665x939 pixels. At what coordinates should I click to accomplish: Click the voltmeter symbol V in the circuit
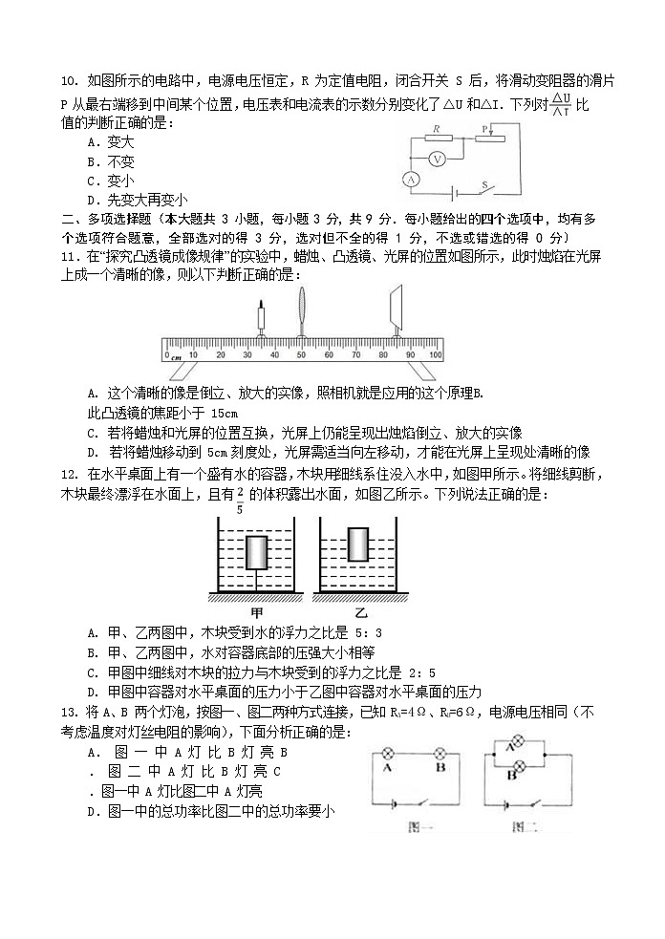[436, 160]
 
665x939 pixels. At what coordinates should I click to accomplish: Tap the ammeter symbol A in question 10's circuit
[411, 180]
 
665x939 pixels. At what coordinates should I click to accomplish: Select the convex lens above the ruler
[302, 310]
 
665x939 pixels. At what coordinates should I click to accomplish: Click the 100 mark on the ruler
[436, 355]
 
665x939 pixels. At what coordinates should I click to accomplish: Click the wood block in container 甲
[258, 554]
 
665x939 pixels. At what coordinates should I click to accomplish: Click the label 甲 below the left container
[256, 611]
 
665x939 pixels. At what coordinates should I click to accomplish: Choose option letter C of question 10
[93, 181]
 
